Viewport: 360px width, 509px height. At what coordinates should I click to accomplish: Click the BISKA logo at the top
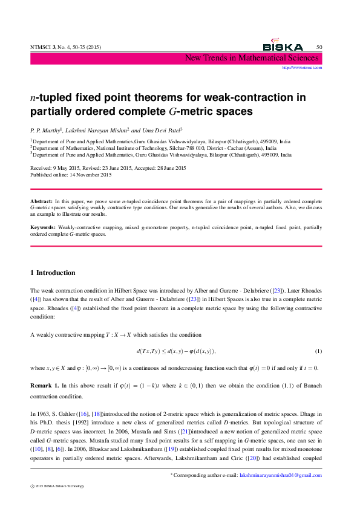[283, 47]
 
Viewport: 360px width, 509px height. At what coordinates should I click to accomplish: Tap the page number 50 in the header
[319, 47]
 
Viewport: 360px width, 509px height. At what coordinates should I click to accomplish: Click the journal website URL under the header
[302, 68]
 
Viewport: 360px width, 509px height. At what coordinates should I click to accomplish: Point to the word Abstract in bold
[42, 199]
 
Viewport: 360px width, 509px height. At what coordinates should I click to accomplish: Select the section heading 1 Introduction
[53, 273]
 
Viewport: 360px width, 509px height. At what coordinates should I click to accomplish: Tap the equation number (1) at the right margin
[318, 352]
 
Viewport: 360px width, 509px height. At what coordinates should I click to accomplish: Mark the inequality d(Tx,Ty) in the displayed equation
[148, 352]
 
